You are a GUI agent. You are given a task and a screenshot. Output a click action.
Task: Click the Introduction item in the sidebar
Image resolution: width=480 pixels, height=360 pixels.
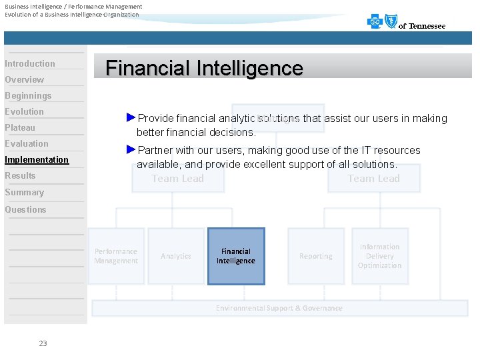(x=30, y=64)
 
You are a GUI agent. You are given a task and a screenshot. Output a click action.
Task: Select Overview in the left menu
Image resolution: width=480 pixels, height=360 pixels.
(x=25, y=80)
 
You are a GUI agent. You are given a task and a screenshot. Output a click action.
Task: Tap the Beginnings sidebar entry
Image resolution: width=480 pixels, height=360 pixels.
(x=28, y=96)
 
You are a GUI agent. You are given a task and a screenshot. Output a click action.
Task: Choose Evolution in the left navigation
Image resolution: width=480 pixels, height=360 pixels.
(x=25, y=112)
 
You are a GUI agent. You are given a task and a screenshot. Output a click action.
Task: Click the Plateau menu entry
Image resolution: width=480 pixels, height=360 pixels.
(x=20, y=128)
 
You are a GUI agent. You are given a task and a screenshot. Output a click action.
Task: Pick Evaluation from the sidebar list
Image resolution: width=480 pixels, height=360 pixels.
(x=27, y=144)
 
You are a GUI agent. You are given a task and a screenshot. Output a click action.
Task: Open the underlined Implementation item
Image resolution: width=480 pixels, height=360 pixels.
(x=37, y=160)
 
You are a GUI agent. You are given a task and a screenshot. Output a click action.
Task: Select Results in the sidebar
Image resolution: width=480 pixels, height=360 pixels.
(x=20, y=176)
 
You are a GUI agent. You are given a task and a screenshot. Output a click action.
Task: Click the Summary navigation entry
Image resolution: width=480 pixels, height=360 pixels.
(x=24, y=193)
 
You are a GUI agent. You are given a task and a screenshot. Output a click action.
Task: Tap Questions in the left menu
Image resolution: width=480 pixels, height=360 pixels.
(x=25, y=210)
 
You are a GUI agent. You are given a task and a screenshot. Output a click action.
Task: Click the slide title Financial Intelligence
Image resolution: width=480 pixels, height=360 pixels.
(x=204, y=68)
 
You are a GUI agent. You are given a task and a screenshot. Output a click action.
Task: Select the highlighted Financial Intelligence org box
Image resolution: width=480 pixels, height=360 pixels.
(x=236, y=256)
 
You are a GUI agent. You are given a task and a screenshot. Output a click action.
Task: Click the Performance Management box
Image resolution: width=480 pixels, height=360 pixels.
(x=116, y=256)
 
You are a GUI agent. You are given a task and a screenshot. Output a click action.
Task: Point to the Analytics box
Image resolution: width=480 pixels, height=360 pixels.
(x=176, y=256)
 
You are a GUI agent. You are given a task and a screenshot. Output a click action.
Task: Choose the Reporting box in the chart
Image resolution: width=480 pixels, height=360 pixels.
(x=316, y=256)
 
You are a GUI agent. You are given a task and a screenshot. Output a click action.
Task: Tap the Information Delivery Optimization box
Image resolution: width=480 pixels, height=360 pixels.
(x=379, y=256)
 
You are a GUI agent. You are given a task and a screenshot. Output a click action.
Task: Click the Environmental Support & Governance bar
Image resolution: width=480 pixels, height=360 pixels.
(x=279, y=308)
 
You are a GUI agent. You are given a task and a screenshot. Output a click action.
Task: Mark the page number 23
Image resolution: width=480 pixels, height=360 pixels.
(x=43, y=343)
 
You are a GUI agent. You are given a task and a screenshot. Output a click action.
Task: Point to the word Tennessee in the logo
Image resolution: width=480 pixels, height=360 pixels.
(x=427, y=27)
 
